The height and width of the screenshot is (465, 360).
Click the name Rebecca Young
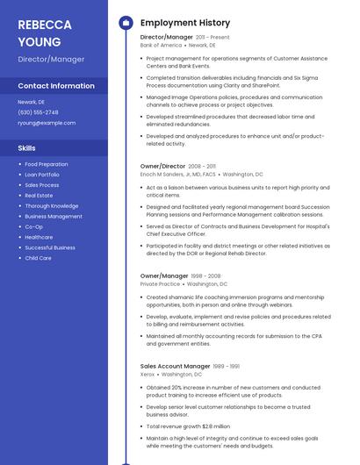40,32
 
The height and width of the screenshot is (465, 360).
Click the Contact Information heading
56,86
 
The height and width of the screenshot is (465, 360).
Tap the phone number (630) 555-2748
38,112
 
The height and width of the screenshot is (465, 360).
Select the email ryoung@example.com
47,123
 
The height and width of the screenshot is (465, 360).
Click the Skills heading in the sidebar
26,148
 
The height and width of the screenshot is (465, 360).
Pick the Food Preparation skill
46,164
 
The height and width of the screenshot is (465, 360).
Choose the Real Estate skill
39,196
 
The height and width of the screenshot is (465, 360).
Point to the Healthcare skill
39,237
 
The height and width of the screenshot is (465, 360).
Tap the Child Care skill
38,258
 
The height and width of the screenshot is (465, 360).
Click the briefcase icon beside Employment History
126,22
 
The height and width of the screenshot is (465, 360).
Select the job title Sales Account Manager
175,366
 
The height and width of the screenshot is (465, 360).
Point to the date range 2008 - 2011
202,166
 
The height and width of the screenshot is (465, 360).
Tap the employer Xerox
148,374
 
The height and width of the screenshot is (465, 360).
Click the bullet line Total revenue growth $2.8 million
188,426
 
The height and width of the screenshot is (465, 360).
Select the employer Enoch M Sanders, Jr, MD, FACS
177,174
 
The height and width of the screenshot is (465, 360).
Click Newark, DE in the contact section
31,102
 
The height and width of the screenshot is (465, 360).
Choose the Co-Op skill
33,226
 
